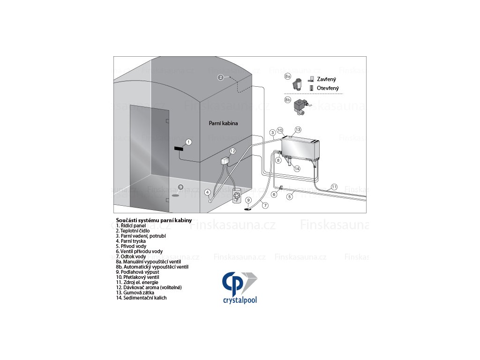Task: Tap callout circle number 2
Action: click(x=221, y=77)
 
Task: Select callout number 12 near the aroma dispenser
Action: click(x=232, y=151)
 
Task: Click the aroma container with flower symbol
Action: click(x=237, y=196)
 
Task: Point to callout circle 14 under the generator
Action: click(x=297, y=169)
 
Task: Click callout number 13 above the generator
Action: click(x=298, y=129)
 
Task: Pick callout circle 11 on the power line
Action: click(x=334, y=187)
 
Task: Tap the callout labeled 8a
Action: click(x=288, y=75)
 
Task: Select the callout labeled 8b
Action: click(x=288, y=100)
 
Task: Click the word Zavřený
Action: click(x=326, y=80)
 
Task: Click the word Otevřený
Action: click(x=328, y=88)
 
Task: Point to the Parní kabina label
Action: click(x=223, y=123)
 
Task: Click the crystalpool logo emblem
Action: click(x=240, y=282)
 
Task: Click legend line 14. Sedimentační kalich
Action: click(x=141, y=298)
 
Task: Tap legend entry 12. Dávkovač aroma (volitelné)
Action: click(x=149, y=287)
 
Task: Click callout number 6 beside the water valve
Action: click(x=274, y=194)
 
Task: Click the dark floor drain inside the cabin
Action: click(x=175, y=195)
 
